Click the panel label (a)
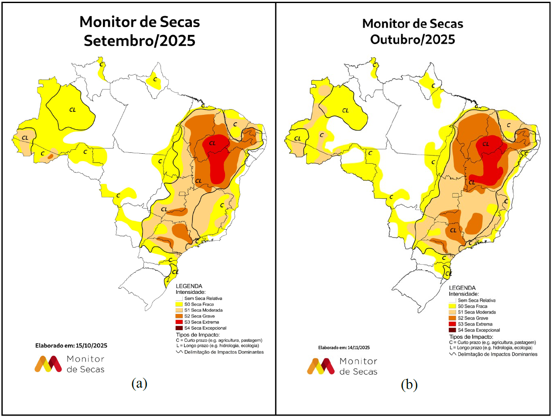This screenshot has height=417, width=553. tap(139, 383)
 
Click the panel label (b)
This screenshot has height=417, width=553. tap(409, 385)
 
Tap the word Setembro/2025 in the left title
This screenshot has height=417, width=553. tap(140, 41)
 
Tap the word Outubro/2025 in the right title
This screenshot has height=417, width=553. tap(413, 39)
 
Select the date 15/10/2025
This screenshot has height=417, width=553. tap(92, 345)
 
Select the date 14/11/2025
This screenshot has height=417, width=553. tap(358, 348)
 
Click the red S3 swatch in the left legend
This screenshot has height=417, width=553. tap(179, 322)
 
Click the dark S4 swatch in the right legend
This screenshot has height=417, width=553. tap(452, 330)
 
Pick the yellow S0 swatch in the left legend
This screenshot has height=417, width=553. tap(179, 304)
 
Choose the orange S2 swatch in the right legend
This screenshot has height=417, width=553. tap(452, 318)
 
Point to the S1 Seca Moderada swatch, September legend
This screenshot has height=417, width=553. tap(179, 310)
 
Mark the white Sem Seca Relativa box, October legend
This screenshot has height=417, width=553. tap(452, 300)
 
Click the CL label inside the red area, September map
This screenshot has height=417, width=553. tap(212, 143)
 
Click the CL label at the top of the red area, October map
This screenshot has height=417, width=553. tap(485, 144)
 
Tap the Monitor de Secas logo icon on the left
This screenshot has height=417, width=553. tap(48, 364)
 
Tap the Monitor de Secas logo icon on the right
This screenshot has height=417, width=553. tap(321, 366)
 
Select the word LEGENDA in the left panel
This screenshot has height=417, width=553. tap(189, 286)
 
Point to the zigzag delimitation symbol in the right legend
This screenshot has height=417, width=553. tap(453, 355)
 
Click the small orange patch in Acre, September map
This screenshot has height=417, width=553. tap(51, 155)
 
